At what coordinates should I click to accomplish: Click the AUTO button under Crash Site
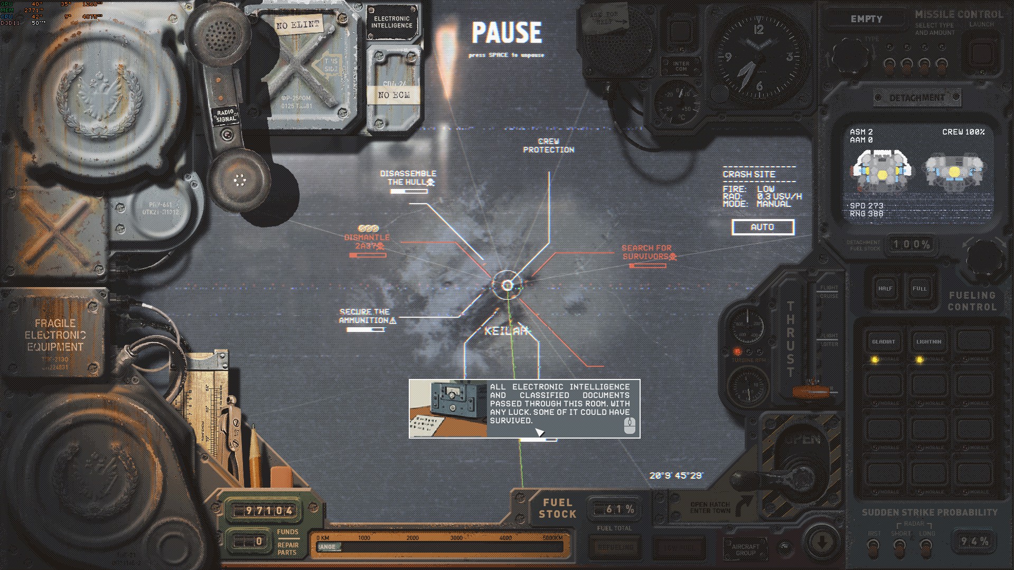coord(763,227)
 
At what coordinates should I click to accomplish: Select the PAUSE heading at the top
coord(506,33)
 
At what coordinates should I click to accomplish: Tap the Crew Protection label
coord(548,146)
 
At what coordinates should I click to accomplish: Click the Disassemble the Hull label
coord(408,178)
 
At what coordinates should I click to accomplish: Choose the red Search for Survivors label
coord(647,252)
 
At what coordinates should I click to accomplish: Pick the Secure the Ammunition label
coord(365,316)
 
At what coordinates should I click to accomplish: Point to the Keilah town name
coord(506,331)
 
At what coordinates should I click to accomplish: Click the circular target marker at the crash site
coord(507,286)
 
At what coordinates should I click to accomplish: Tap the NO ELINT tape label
coord(297,25)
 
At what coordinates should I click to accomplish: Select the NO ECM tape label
coord(393,95)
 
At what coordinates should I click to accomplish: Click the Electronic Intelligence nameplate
coord(392,22)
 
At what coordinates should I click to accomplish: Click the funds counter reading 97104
coord(262,511)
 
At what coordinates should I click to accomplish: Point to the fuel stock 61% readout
coord(614,509)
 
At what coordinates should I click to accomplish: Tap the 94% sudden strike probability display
coord(974,541)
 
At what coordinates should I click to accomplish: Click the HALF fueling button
coord(885,289)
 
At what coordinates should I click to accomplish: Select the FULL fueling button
coord(919,289)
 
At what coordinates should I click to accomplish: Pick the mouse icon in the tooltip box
coord(629,425)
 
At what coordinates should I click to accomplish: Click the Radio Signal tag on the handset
coord(227,116)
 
